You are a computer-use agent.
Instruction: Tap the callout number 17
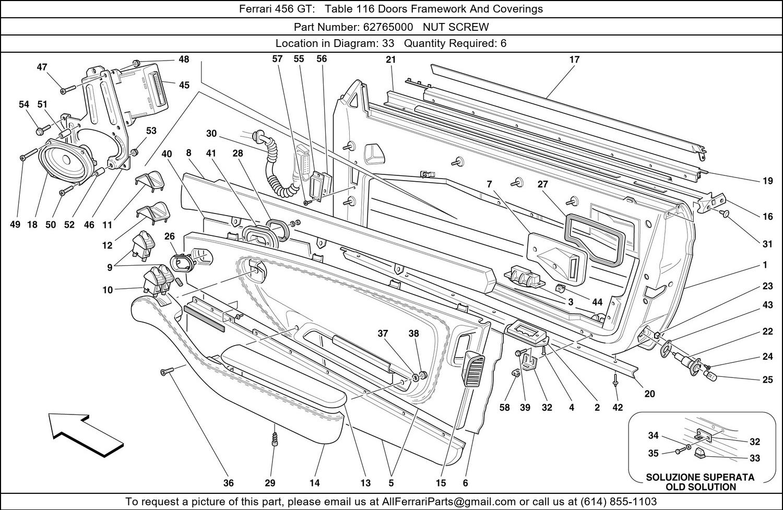pos(574,60)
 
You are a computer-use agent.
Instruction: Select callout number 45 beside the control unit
pos(184,85)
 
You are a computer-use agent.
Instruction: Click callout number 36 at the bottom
pos(229,483)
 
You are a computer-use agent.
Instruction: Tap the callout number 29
pos(270,483)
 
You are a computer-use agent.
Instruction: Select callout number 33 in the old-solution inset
pos(755,458)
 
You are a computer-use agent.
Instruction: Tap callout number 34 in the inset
pos(654,435)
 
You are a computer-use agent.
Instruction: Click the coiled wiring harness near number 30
pos(276,167)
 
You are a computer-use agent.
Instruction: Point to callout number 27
pos(543,184)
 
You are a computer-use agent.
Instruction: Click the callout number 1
pos(765,265)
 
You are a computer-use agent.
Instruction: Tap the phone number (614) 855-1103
pos(620,502)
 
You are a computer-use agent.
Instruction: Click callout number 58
pos(504,407)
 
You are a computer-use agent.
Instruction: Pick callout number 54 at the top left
pos(24,104)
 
